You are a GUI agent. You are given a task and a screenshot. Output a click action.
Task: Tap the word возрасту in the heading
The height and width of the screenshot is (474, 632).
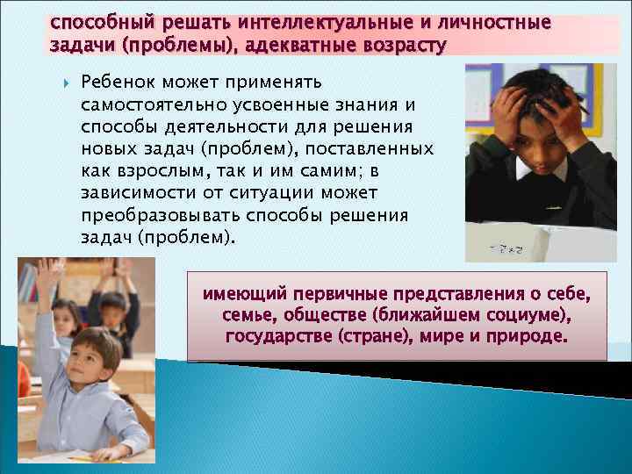tap(397, 43)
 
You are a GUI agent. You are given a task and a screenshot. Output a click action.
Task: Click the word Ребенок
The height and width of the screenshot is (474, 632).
tap(114, 82)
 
